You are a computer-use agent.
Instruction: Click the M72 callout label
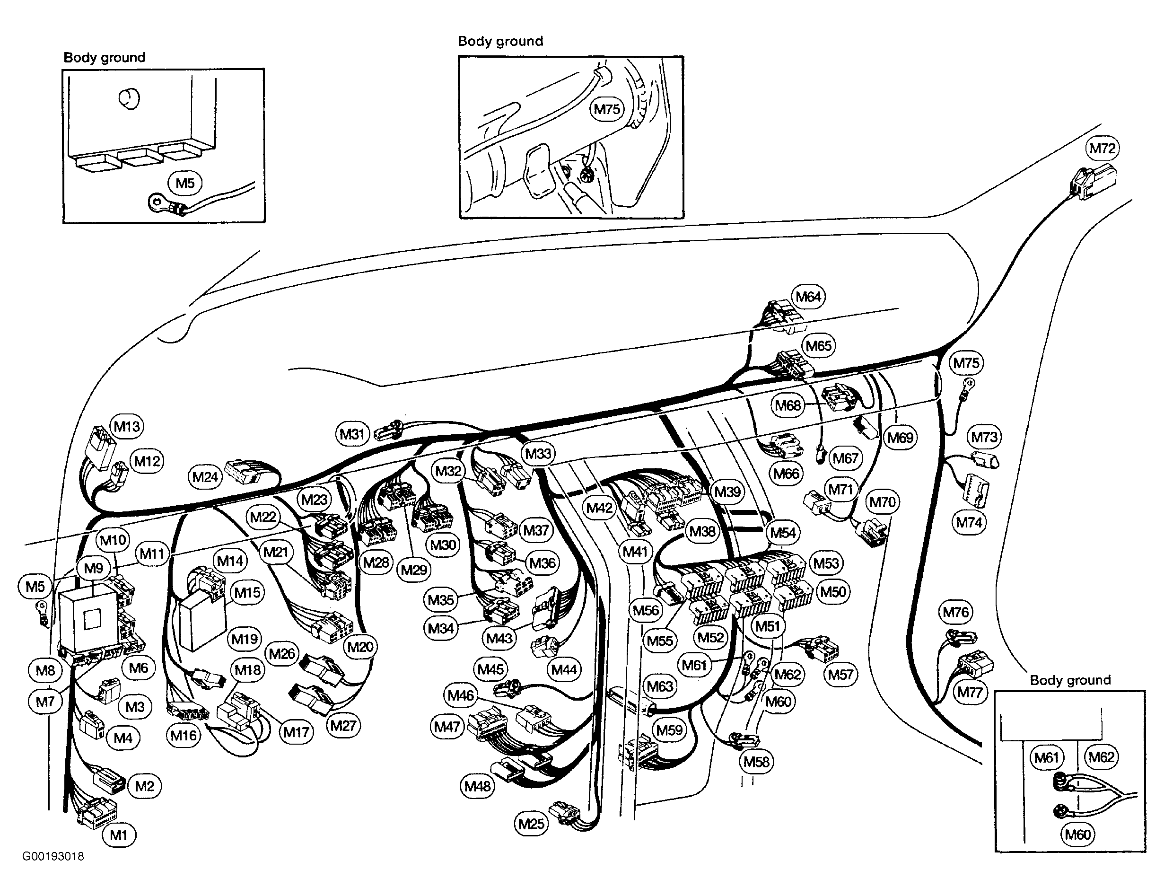[x=1102, y=148]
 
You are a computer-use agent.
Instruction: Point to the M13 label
[x=127, y=426]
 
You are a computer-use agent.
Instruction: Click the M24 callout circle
[x=205, y=477]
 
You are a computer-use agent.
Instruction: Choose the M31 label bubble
[x=352, y=434]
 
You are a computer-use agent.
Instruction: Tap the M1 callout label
[x=118, y=835]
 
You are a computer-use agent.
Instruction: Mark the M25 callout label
[x=531, y=824]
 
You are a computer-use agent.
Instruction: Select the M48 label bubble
[x=478, y=786]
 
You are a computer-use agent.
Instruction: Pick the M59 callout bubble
[x=669, y=729]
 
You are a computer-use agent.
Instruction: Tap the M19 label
[x=245, y=639]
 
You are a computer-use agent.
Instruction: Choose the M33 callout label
[x=538, y=454]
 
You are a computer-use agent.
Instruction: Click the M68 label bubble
[x=788, y=405]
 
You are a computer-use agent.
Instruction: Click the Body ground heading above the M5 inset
[x=105, y=58]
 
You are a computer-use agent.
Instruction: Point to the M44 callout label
[x=564, y=669]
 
